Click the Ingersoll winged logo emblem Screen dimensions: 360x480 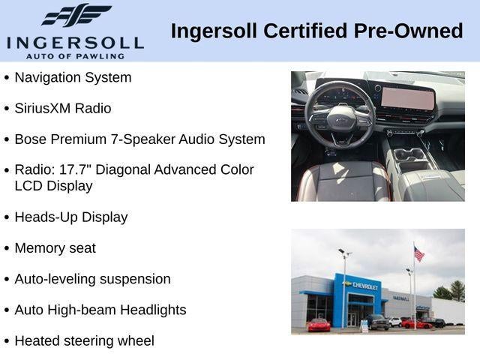76,15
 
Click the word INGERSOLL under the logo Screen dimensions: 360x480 75,42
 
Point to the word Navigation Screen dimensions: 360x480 47,77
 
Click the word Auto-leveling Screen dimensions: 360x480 55,279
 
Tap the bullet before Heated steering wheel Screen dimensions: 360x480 7,341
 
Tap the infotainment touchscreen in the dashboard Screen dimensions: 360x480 407,97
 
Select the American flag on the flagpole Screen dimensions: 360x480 418,254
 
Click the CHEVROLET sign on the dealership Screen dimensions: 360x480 364,285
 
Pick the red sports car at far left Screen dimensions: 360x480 319,324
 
